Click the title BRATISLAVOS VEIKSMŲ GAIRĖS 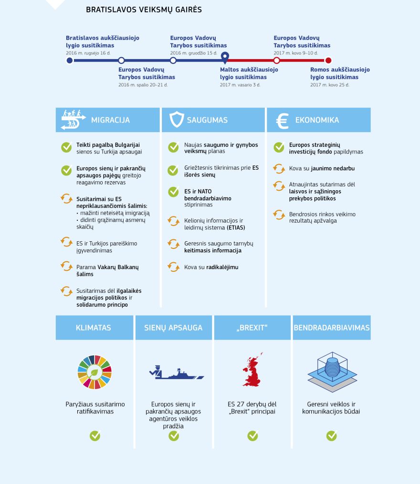point(144,10)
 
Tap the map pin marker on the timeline point(225,58)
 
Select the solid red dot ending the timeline point(328,61)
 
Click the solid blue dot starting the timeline point(70,61)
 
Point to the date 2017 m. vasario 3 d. point(240,85)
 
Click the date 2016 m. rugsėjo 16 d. point(88,53)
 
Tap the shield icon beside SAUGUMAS point(177,120)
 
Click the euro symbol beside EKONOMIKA point(282,120)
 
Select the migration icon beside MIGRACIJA point(73,120)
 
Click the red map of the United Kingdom point(252,370)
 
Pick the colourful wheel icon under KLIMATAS point(94,372)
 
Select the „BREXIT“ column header point(252,328)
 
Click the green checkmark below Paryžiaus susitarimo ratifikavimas point(95,435)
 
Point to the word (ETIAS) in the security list point(236,227)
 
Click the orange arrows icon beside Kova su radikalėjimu point(173,267)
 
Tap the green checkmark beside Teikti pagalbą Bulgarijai point(66,147)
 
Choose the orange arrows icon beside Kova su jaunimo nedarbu point(279,168)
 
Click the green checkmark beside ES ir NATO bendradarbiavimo point(173,192)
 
